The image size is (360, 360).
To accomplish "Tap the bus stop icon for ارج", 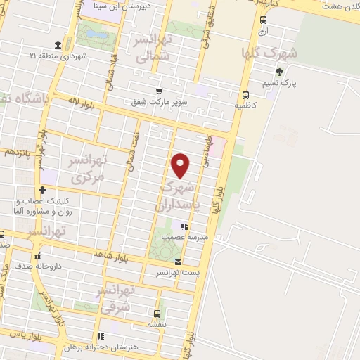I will (263, 20).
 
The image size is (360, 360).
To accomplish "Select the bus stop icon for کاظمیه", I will (245, 95).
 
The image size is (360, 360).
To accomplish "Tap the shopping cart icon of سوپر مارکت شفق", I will (159, 91).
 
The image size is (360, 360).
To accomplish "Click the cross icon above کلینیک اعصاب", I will (43, 190).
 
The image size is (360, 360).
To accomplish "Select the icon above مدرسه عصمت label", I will (184, 226).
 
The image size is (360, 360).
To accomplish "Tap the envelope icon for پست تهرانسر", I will (177, 262).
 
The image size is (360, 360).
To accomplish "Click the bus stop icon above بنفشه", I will (156, 314).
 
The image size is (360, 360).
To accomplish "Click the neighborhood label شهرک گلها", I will (269, 53).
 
